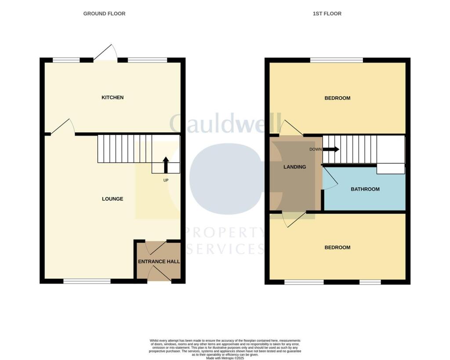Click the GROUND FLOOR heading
104,14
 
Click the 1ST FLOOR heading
327,14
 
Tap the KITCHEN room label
112,97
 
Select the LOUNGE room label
112,199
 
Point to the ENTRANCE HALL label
159,262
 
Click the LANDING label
294,167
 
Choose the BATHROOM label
365,189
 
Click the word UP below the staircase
166,180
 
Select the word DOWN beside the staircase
316,149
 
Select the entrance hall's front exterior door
159,275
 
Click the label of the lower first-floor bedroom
337,247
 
